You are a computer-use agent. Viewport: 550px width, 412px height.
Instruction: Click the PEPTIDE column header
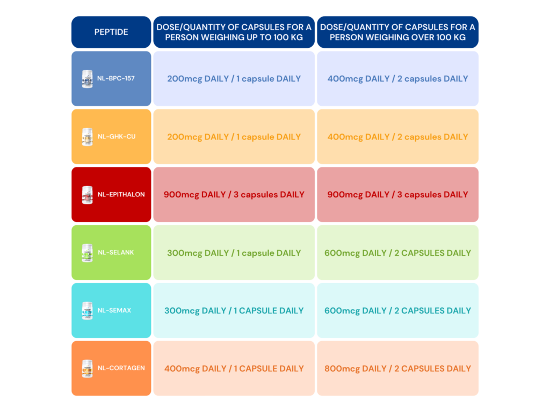pyautogui.click(x=111, y=32)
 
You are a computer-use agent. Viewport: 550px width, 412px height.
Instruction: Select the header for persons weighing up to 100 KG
pyautogui.click(x=234, y=32)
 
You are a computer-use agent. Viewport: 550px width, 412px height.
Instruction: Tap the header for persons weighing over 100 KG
pyautogui.click(x=398, y=32)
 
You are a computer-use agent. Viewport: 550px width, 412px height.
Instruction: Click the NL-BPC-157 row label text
pyautogui.click(x=116, y=78)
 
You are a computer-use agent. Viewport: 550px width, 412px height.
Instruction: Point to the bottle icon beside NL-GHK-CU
pyautogui.click(x=88, y=137)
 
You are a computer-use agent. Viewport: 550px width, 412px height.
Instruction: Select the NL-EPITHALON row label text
pyautogui.click(x=121, y=194)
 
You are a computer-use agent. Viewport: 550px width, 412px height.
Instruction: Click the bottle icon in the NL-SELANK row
pyautogui.click(x=88, y=253)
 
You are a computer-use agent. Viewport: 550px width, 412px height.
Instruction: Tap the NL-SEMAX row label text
pyautogui.click(x=114, y=311)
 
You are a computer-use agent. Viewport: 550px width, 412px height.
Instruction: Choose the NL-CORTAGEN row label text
pyautogui.click(x=121, y=368)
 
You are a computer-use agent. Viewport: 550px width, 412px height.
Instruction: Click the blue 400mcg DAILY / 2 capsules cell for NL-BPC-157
pyautogui.click(x=398, y=78)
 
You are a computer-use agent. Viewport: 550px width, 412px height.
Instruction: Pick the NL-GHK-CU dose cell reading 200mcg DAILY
pyautogui.click(x=234, y=137)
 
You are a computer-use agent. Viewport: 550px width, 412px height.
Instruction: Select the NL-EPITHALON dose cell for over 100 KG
pyautogui.click(x=398, y=194)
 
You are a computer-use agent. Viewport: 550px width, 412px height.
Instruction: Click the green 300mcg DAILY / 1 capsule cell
pyautogui.click(x=234, y=253)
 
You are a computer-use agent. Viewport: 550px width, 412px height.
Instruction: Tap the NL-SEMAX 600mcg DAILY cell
pyautogui.click(x=398, y=311)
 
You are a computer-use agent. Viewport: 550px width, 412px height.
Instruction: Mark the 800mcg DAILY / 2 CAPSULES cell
pyautogui.click(x=398, y=368)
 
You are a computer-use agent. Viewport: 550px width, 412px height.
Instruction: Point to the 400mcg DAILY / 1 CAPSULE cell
pyautogui.click(x=234, y=368)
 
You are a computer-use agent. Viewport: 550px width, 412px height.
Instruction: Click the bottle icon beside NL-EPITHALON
pyautogui.click(x=88, y=195)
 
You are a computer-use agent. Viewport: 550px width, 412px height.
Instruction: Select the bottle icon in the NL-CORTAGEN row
pyautogui.click(x=88, y=369)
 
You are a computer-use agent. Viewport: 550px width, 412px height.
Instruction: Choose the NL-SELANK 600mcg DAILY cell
pyautogui.click(x=398, y=253)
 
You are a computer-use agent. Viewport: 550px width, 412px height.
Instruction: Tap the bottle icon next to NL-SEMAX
pyautogui.click(x=88, y=311)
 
